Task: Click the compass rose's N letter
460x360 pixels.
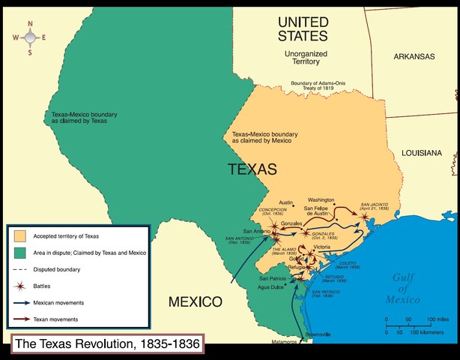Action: (x=30, y=23)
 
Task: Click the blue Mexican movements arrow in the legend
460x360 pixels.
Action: (x=23, y=302)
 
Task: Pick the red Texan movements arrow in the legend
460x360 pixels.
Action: (x=23, y=319)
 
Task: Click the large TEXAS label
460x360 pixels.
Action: (x=252, y=169)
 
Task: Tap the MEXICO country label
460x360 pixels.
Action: (x=194, y=302)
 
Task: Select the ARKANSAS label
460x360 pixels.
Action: (x=414, y=56)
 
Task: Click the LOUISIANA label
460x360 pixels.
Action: (x=421, y=152)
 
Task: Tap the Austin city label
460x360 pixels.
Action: (x=285, y=202)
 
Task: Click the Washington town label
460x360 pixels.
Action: (x=321, y=200)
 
